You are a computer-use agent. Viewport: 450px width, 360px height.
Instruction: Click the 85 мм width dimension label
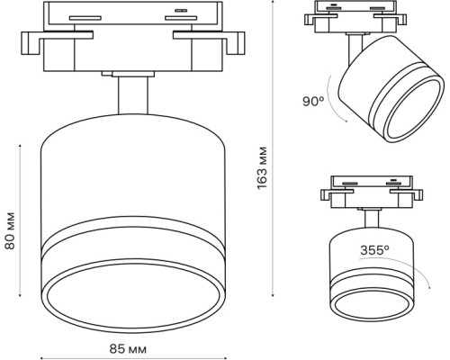pyautogui.click(x=128, y=349)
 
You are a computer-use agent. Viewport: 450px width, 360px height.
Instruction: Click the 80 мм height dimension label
pyautogui.click(x=10, y=230)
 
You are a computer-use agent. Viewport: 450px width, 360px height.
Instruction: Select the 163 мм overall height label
pyautogui.click(x=262, y=167)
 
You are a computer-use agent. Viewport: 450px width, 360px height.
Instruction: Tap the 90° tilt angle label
pyautogui.click(x=313, y=101)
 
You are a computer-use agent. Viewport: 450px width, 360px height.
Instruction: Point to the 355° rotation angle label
pyautogui.click(x=374, y=250)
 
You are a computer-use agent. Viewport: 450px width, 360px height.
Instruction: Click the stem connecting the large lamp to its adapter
pyautogui.click(x=133, y=95)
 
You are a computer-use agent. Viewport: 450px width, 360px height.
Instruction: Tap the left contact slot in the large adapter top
pyautogui.click(x=85, y=18)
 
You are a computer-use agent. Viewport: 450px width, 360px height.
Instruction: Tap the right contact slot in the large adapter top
pyautogui.click(x=181, y=18)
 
